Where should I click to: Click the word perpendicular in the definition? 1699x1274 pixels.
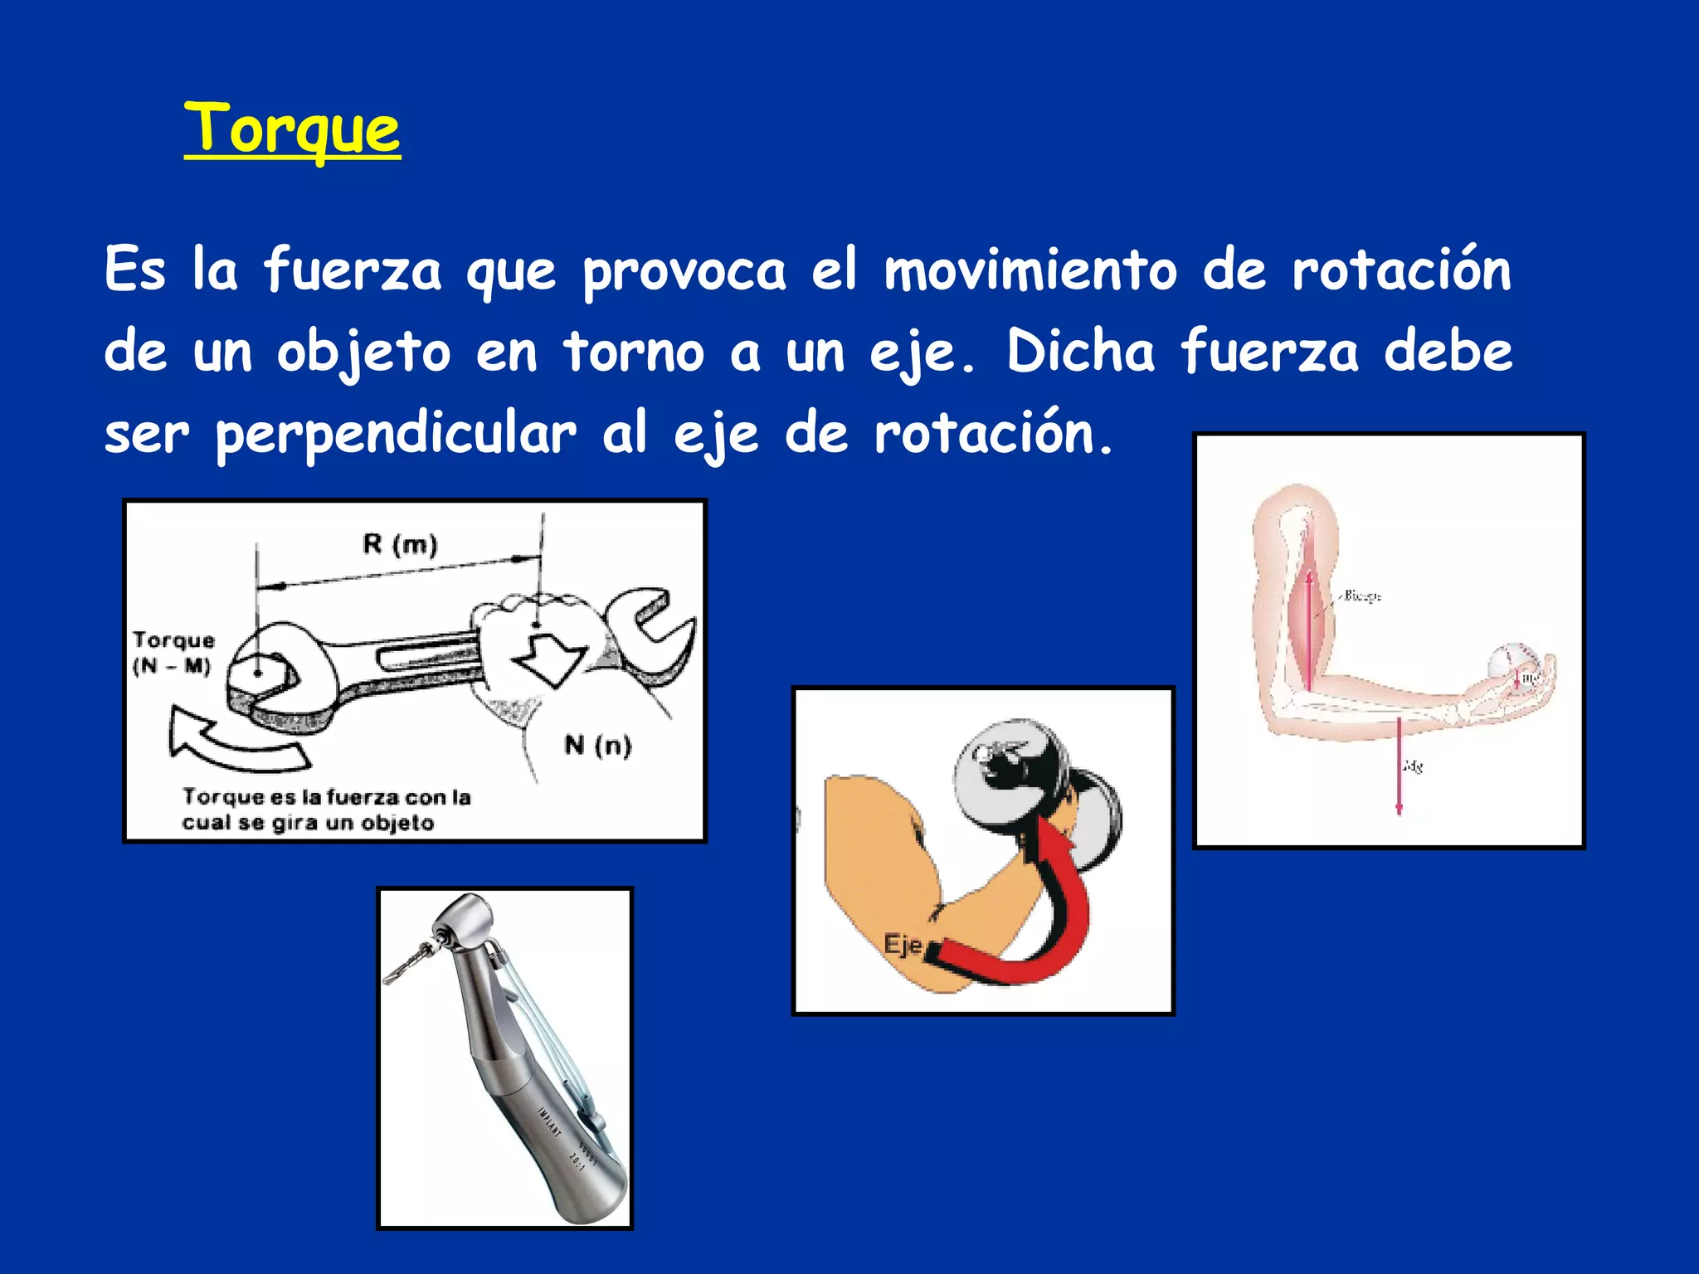coord(396,434)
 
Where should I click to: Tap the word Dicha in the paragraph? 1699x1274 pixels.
coord(1080,351)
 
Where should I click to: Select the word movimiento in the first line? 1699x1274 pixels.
coord(1030,270)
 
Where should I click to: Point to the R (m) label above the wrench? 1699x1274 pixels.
coord(400,545)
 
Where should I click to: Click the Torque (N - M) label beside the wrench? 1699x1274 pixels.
coord(173,653)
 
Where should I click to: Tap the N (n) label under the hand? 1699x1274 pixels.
coord(597,745)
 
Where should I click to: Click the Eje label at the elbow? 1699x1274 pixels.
coord(903,945)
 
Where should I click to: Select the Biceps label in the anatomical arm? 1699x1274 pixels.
coord(1361,596)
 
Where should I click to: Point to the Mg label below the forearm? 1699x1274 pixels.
coord(1413,766)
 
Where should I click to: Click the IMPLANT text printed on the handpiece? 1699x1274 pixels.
coord(549,1123)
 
